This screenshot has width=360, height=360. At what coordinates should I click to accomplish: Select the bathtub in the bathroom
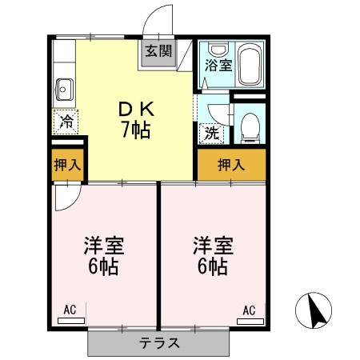(250, 63)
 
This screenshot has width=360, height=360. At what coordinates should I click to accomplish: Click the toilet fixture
(250, 126)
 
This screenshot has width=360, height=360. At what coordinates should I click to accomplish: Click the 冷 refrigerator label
(66, 122)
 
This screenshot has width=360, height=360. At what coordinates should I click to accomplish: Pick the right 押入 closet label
(231, 165)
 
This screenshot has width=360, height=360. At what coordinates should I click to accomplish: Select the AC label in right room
(249, 309)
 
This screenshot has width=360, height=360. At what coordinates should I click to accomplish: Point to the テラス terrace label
(159, 342)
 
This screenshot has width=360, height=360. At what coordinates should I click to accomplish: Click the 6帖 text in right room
(213, 266)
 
